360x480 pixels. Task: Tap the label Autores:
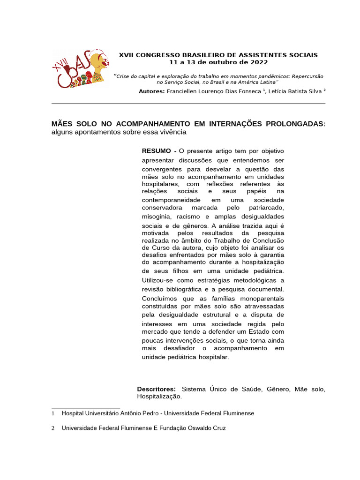pyautogui.click(x=152, y=91)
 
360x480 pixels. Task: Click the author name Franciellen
pyautogui.click(x=185, y=91)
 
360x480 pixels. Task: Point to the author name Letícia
pyautogui.click(x=279, y=91)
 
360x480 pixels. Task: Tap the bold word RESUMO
pyautogui.click(x=157, y=151)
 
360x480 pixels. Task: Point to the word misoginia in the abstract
pyautogui.click(x=157, y=217)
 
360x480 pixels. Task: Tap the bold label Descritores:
pyautogui.click(x=156, y=389)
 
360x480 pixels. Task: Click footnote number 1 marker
pyautogui.click(x=53, y=414)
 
